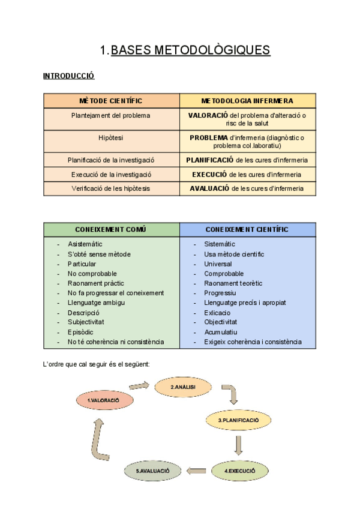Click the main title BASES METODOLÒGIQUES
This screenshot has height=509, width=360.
191,50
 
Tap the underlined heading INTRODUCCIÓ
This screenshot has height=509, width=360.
69,76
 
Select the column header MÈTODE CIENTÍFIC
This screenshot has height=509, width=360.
111,101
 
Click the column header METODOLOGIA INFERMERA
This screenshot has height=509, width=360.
247,101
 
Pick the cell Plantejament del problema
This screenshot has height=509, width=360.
111,115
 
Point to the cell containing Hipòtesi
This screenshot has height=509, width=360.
111,137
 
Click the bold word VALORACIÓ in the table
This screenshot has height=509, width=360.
208,115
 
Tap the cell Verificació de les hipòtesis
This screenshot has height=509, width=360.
111,188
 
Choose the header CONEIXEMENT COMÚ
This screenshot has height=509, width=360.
111,229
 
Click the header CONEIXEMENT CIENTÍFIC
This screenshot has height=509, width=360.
247,229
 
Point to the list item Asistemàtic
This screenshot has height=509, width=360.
85,244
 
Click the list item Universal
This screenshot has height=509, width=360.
217,264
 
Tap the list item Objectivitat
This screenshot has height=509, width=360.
220,322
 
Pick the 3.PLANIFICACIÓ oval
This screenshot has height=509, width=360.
238,420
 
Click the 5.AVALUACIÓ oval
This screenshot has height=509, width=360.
153,471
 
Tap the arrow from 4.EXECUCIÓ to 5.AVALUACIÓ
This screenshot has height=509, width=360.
197,471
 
